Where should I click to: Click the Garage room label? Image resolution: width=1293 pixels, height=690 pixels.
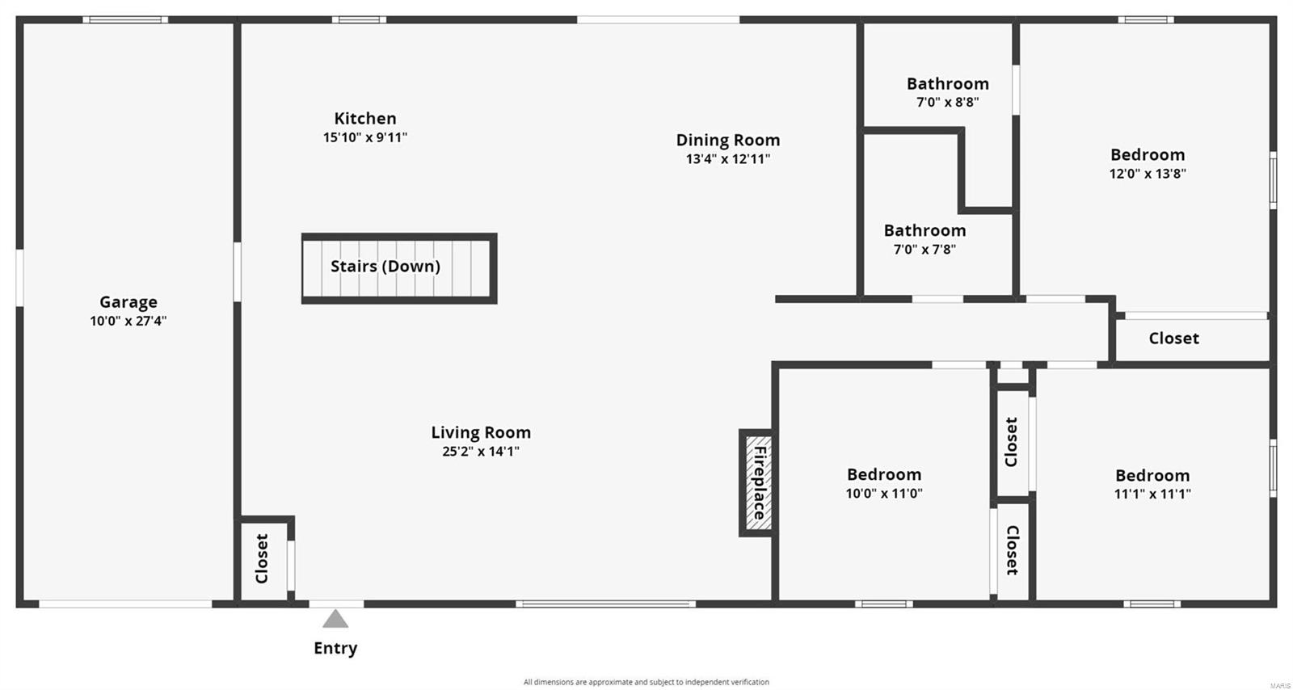128,302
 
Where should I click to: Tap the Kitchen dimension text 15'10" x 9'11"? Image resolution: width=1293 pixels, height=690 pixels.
365,137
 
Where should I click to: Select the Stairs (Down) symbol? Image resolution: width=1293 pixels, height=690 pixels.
399,268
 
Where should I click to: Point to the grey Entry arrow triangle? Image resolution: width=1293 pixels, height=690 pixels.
335,620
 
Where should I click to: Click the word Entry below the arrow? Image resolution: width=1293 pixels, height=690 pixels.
335,648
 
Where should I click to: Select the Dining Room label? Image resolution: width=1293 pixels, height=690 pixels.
728,140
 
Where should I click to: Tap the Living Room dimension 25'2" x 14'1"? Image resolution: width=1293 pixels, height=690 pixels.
481,452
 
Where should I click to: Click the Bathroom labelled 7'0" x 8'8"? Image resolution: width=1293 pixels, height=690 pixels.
947,84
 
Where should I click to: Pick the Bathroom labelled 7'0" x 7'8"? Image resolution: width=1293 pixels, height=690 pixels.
924,231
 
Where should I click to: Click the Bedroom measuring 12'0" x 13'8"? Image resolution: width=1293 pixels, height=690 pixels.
1148,154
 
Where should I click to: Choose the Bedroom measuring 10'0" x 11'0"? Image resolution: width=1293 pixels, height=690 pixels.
884,475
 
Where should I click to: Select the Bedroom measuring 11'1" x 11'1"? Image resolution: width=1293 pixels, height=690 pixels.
1152,476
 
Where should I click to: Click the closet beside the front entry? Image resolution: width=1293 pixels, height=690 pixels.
262,559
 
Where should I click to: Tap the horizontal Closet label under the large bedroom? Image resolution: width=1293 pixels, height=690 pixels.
1173,339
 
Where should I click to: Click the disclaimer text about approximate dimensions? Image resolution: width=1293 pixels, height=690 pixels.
646,682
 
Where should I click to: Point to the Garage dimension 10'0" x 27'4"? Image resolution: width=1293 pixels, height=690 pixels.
128,321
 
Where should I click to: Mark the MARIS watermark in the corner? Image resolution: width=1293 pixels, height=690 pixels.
1280,685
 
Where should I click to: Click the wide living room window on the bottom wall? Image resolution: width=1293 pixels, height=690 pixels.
606,604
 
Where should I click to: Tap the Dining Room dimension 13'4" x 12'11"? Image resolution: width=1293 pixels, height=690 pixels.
728,159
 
